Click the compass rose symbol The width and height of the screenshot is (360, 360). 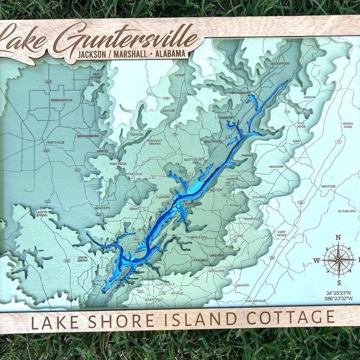pos(338,260)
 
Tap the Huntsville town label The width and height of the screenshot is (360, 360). pos(55,142)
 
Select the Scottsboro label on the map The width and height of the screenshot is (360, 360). pos(194,159)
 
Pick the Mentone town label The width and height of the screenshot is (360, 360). pos(328,186)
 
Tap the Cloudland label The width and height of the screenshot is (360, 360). pos(346,211)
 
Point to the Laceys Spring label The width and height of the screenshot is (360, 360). pos(42,214)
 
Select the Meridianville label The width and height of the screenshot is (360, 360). pos(61,100)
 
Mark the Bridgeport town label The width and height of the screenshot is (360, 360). pos(280,64)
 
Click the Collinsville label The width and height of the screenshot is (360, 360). pos(256,301)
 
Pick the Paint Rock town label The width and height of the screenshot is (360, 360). pos(118,164)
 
